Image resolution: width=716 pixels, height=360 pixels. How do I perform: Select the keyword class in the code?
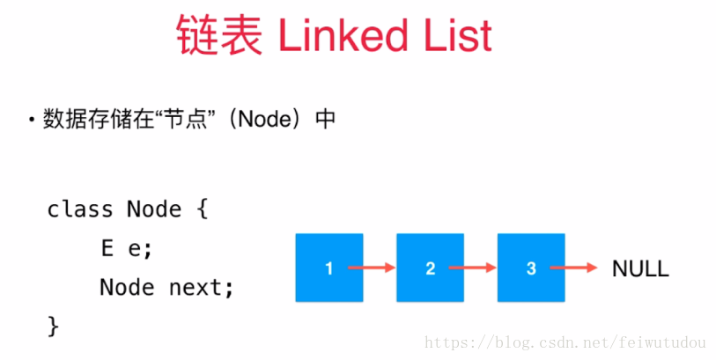pos(79,209)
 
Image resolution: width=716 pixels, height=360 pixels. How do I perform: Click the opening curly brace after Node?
pos(202,209)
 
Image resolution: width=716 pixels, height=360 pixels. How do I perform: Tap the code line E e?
pos(126,248)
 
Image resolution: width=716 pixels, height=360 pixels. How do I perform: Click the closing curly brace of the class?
pos(53,326)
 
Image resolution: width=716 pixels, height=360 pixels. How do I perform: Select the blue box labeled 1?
pos(328,268)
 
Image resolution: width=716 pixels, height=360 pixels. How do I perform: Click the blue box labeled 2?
pos(430,268)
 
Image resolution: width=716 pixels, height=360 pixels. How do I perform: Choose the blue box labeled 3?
pos(531,268)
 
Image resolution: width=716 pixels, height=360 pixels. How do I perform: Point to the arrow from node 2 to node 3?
pos(473,268)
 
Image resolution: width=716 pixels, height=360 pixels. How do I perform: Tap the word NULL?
pos(640,268)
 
